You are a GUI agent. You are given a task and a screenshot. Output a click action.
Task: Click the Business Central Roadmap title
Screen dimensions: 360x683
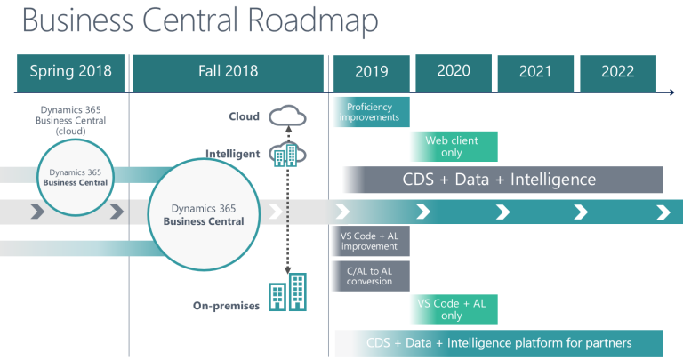pyautogui.click(x=191, y=21)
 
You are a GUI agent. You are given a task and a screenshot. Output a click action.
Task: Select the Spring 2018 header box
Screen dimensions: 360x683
pyautogui.click(x=70, y=71)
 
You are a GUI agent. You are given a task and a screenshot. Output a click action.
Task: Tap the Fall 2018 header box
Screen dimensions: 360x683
pyautogui.click(x=227, y=71)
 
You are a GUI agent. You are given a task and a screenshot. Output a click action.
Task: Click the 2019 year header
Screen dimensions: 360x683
pyautogui.click(x=372, y=72)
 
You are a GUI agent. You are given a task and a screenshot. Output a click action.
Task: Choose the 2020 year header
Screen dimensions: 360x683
pyautogui.click(x=454, y=71)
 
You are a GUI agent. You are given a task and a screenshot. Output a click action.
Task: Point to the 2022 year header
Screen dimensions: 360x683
pyautogui.click(x=617, y=73)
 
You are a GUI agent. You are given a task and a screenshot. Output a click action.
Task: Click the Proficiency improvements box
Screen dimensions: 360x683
pyautogui.click(x=372, y=111)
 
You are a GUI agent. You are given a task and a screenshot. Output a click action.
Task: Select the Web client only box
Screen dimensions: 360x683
pyautogui.click(x=454, y=146)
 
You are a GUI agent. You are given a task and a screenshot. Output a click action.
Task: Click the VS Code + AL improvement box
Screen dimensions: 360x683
pyautogui.click(x=373, y=242)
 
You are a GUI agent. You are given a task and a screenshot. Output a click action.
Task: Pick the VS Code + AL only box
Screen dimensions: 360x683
pyautogui.click(x=454, y=309)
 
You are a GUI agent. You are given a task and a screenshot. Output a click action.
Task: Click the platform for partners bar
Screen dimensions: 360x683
pyautogui.click(x=499, y=342)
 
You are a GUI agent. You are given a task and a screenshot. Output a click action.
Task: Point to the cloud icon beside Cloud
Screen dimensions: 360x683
pyautogui.click(x=286, y=116)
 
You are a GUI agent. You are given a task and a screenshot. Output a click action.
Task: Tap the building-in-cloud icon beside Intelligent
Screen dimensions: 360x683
pyautogui.click(x=286, y=154)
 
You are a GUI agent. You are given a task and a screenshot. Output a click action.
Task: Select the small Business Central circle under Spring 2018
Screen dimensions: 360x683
pyautogui.click(x=78, y=177)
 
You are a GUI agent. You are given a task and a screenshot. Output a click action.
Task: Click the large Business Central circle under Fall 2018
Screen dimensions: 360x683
pyautogui.click(x=204, y=214)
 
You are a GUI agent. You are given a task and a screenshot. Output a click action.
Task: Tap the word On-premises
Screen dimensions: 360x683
pyautogui.click(x=226, y=306)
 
